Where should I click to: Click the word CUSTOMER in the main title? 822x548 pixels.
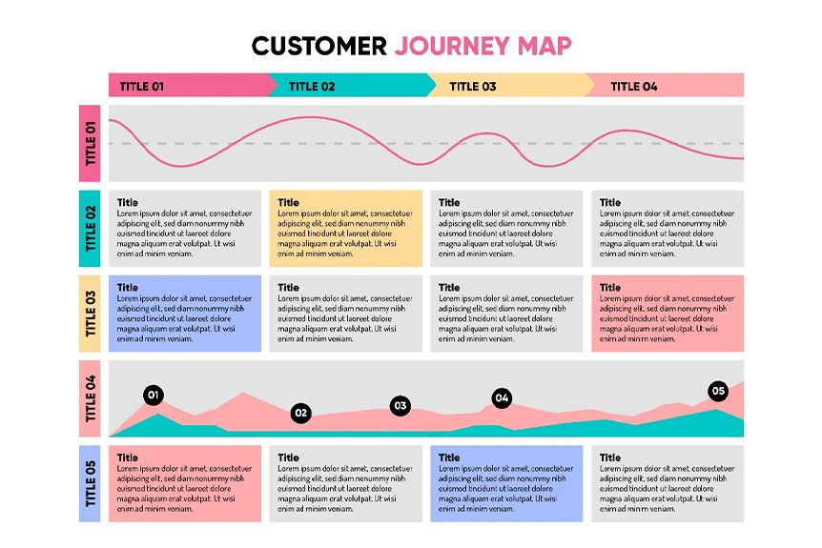click(319, 46)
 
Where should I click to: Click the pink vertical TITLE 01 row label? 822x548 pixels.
click(92, 143)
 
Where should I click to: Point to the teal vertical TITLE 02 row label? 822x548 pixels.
click(92, 229)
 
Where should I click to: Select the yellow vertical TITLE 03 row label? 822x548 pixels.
click(92, 314)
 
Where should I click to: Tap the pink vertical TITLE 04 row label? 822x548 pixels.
click(92, 398)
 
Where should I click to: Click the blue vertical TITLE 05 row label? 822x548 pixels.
click(92, 483)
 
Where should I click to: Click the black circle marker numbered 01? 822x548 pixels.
click(153, 395)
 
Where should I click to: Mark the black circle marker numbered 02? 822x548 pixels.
click(301, 413)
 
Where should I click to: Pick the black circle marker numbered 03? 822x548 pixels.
click(400, 405)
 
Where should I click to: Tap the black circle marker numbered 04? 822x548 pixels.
click(502, 397)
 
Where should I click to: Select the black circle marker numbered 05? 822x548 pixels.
click(718, 391)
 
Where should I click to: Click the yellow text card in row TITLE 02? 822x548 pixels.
click(346, 229)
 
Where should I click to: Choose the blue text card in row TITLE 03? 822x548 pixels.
click(185, 314)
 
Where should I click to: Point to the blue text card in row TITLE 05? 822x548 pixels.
click(506, 483)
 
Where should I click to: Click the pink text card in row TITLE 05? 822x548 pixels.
click(185, 483)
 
